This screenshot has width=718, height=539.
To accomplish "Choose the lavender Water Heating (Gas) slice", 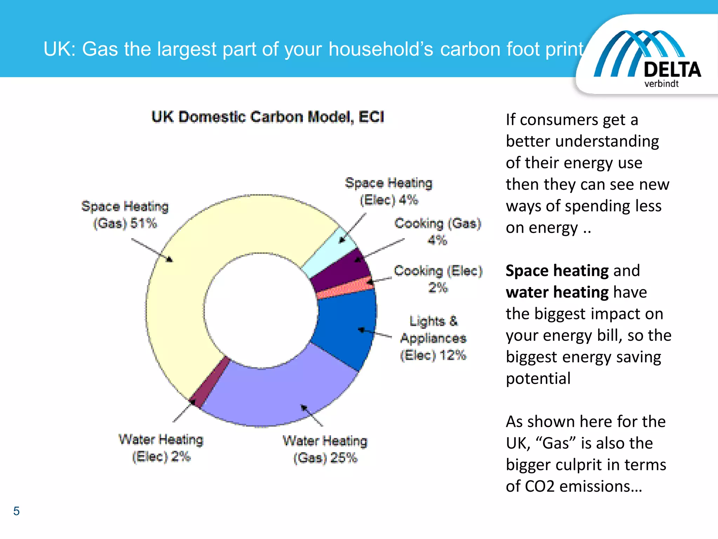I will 280,393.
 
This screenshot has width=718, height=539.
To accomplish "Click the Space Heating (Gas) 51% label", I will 125,215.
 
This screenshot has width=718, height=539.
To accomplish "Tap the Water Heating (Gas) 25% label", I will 325,450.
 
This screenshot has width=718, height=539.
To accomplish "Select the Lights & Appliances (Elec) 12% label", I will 433,338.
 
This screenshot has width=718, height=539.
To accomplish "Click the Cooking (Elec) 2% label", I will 438,279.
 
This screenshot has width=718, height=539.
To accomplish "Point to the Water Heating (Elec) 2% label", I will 161,448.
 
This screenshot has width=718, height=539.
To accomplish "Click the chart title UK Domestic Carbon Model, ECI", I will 268,117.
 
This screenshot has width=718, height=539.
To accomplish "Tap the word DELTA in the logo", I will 672,69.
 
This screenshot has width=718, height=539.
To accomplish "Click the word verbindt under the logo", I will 661,84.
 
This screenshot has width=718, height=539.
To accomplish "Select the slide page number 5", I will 16,511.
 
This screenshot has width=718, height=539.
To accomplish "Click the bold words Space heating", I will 557,271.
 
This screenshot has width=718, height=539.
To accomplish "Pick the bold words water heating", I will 557,292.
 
